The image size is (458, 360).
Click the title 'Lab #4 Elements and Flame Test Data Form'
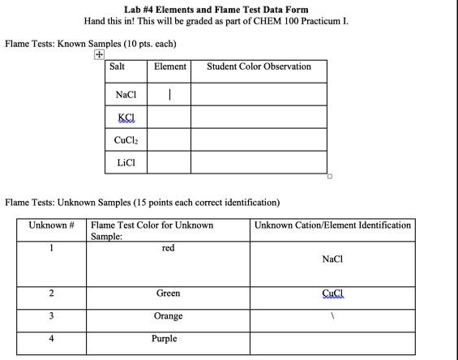(229, 10)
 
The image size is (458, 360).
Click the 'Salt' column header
(117, 66)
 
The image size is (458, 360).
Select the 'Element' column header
(169, 66)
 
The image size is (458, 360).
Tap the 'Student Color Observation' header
(259, 66)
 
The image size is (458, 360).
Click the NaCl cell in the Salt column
(126, 95)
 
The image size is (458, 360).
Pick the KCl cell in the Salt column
(126, 118)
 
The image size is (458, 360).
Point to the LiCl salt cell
(126, 162)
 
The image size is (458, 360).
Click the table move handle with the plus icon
(99, 54)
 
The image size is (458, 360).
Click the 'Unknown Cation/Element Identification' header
(332, 225)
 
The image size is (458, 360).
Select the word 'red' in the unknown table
(168, 248)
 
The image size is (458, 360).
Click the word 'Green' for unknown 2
(168, 293)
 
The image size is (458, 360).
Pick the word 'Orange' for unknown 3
(169, 315)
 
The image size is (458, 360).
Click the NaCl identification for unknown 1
(332, 259)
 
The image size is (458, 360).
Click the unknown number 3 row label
(50, 315)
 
